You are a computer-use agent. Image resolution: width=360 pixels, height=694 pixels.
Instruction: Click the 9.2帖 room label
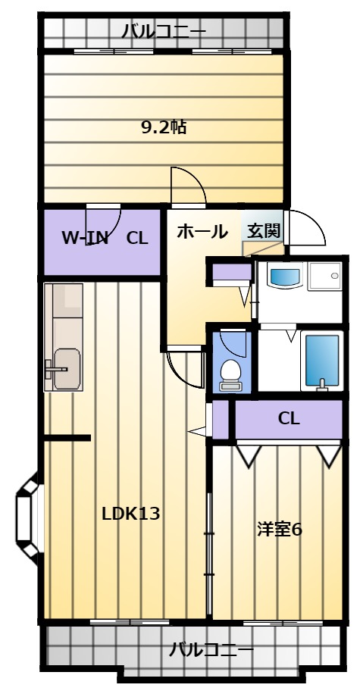point(164,127)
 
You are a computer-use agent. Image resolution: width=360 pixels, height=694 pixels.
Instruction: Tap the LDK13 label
point(130,514)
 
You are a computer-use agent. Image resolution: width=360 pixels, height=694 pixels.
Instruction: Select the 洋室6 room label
point(280,529)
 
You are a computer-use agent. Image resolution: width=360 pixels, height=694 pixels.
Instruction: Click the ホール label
point(202,232)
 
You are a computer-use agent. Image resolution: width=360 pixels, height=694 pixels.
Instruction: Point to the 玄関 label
point(264,231)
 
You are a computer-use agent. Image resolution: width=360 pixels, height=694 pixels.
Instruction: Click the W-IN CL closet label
point(105,238)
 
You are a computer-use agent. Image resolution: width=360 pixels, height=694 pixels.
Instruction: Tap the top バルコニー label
point(164,31)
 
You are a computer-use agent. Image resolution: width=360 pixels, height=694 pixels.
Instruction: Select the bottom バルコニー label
point(211,650)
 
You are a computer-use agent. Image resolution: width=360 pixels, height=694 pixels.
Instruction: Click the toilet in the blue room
point(230,375)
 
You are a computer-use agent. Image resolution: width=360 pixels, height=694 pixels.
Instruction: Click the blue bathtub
point(322,361)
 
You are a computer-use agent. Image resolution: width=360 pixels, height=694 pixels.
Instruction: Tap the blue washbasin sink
point(286,275)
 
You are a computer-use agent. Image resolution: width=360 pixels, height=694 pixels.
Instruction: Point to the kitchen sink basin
point(67,369)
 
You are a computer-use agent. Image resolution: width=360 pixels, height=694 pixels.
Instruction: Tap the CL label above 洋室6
point(289,418)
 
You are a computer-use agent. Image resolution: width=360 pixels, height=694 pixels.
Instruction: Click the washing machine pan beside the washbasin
point(325,277)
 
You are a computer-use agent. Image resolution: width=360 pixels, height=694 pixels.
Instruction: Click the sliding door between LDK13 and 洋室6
point(209,553)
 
